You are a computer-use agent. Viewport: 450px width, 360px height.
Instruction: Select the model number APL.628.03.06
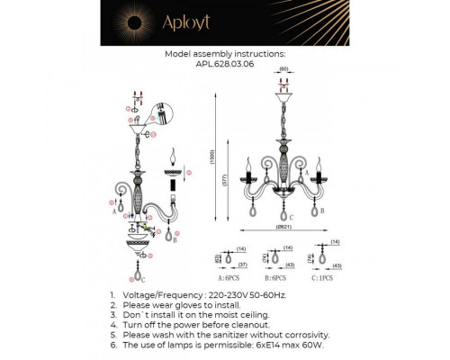click(225, 65)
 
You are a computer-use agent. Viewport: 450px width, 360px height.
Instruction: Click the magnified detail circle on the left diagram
click(159, 115)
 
